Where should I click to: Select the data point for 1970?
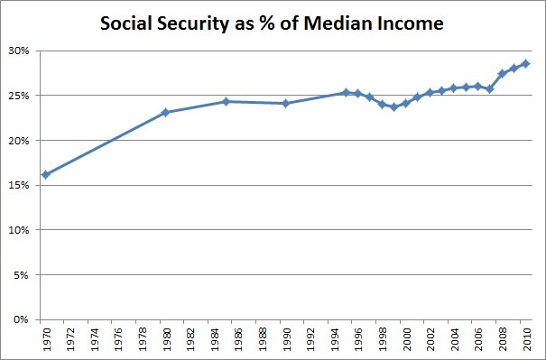[45, 174]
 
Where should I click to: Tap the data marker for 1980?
[165, 112]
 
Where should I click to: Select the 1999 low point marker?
[393, 106]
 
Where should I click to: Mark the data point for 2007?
[490, 88]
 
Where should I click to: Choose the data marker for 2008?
[502, 73]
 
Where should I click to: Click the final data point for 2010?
[526, 63]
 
